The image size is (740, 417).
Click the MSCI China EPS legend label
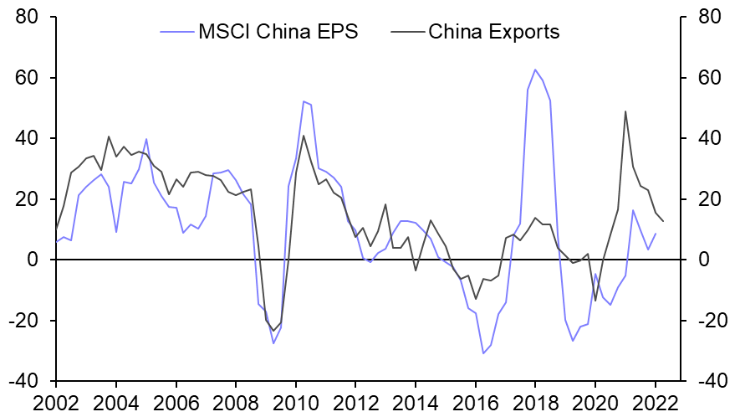(278, 33)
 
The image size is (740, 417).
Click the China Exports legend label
(493, 33)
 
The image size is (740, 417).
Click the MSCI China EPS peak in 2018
(535, 69)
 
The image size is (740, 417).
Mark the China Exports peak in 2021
(625, 111)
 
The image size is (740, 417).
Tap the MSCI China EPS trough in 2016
(483, 353)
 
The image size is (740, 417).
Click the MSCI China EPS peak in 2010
(304, 101)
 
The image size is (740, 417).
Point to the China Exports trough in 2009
(273, 330)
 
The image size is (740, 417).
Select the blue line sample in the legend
(176, 33)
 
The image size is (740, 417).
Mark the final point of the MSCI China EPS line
(656, 234)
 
